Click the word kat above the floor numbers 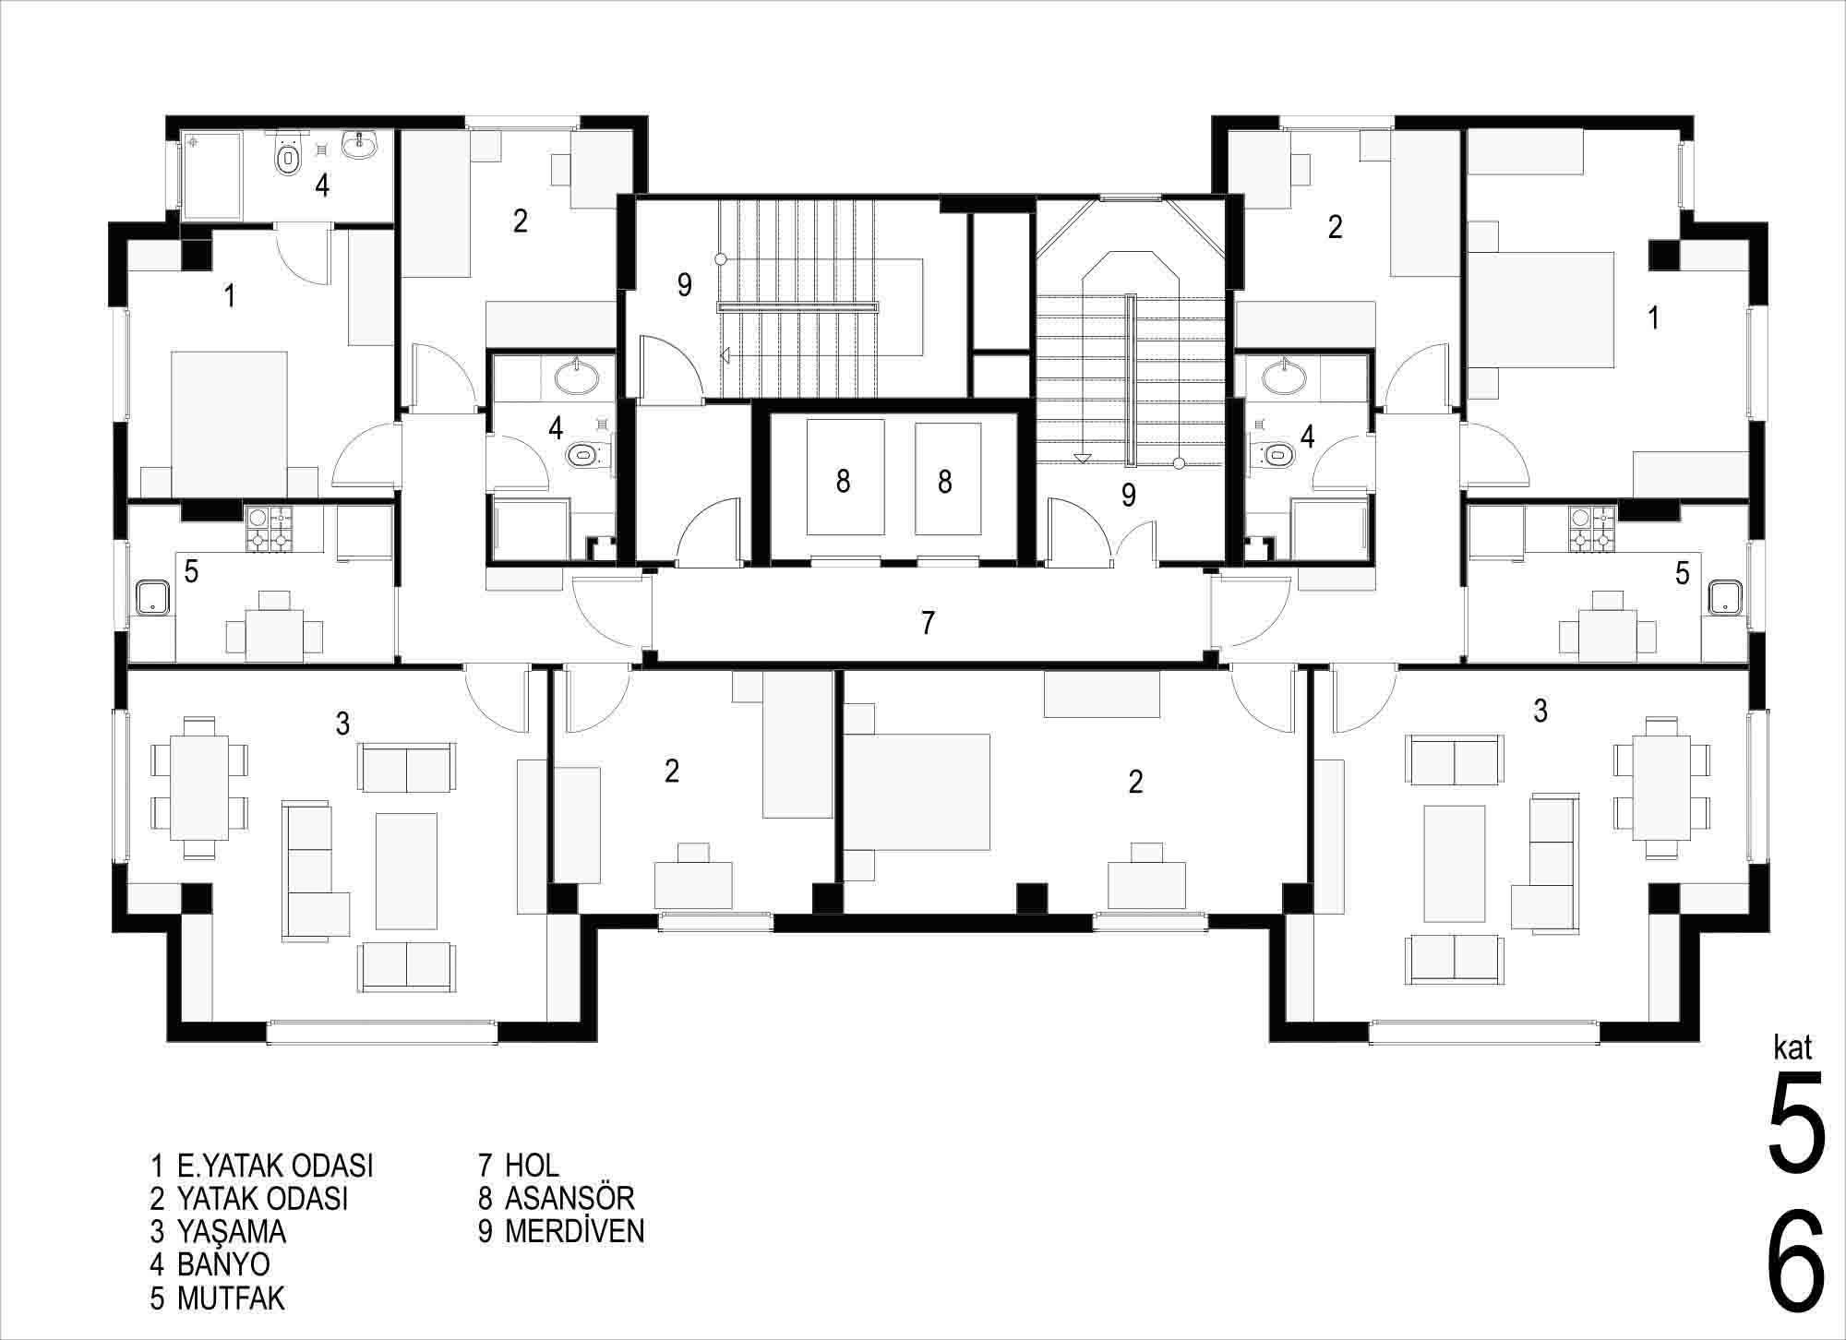(x=1793, y=1047)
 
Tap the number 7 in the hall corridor (x=928, y=623)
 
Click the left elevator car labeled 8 (x=845, y=477)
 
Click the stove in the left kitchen (x=269, y=530)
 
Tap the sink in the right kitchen (x=1723, y=597)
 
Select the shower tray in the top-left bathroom (x=211, y=175)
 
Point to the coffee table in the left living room (x=406, y=870)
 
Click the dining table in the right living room (x=1661, y=787)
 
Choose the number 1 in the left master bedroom (x=230, y=296)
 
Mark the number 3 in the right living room (x=1540, y=711)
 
